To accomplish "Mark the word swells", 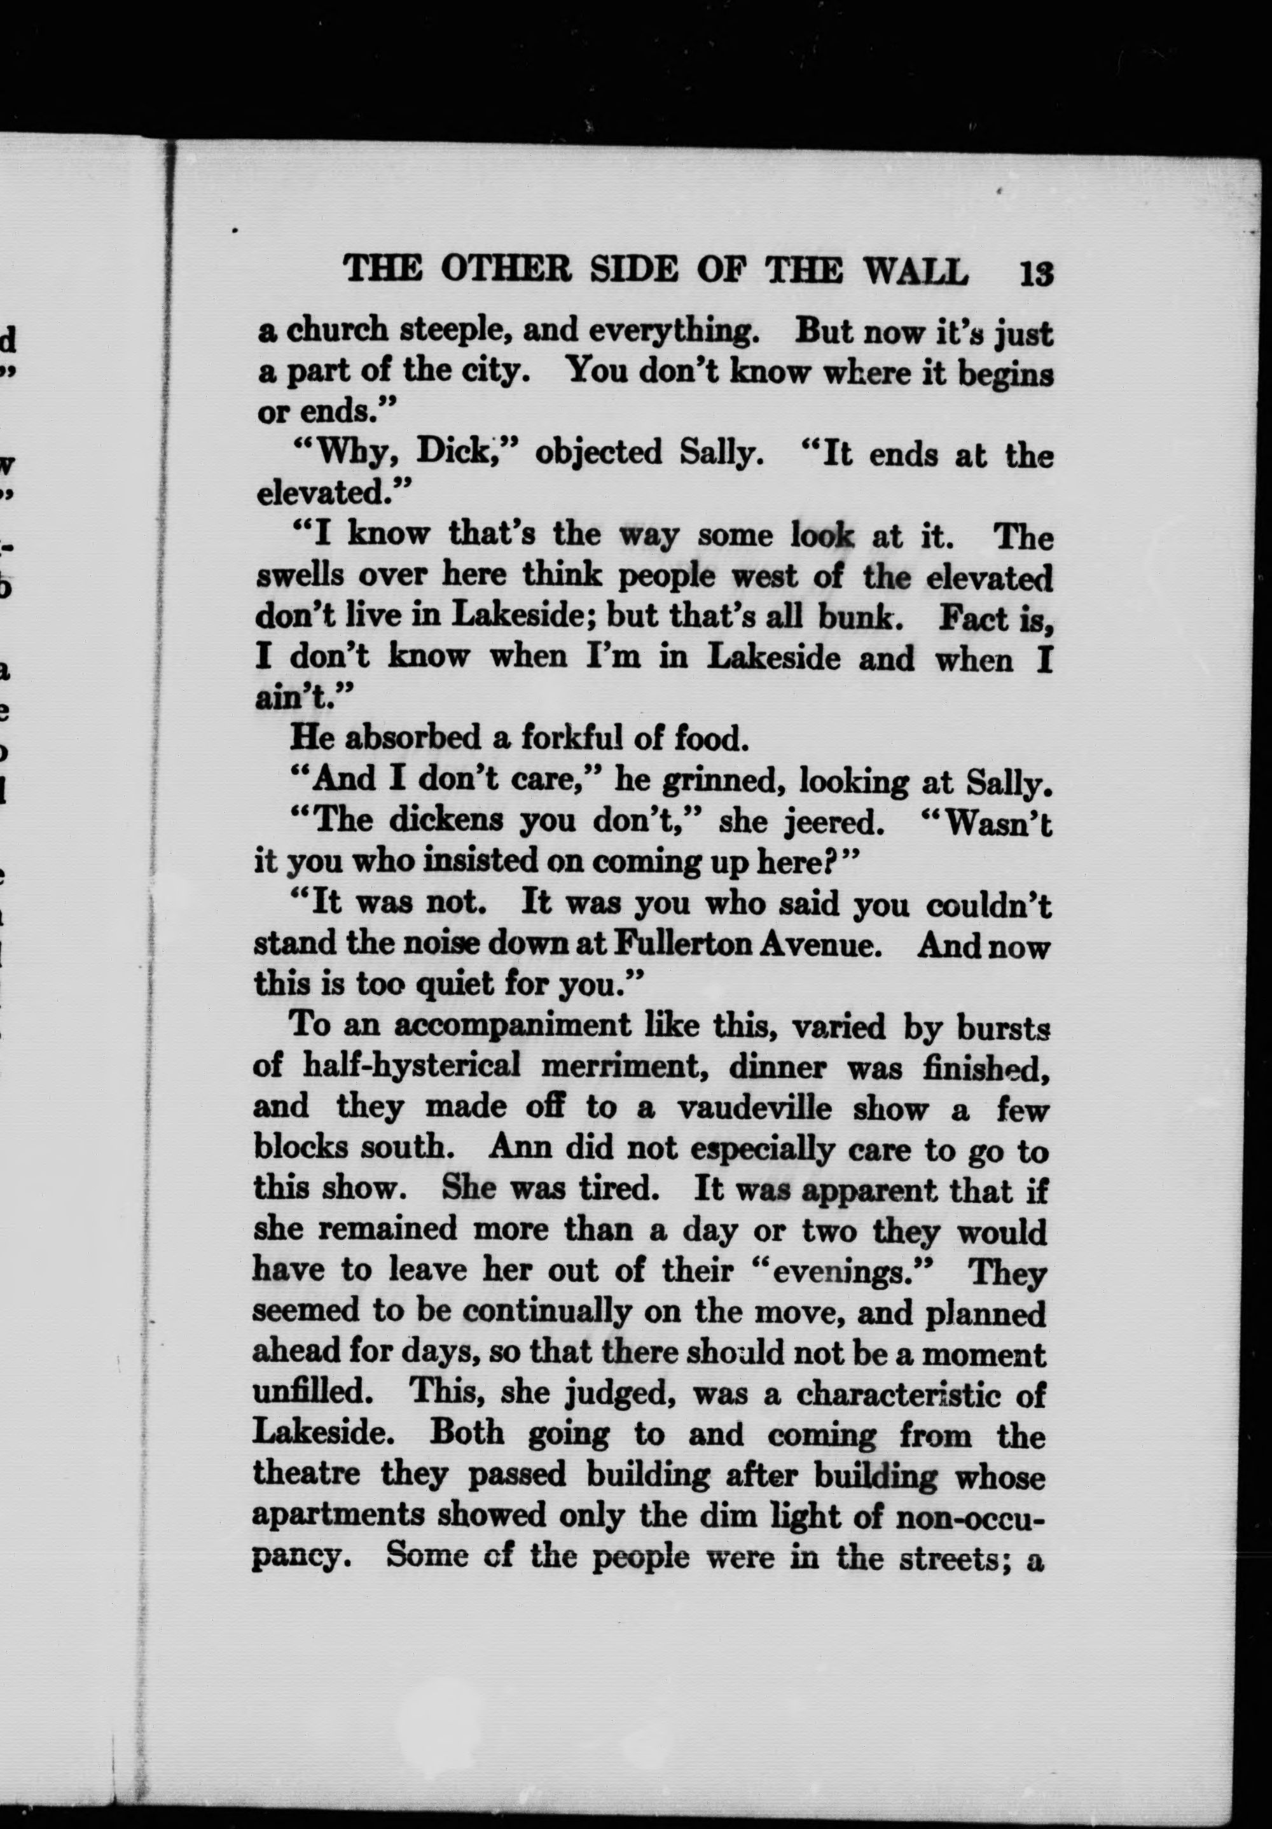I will (x=300, y=576).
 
